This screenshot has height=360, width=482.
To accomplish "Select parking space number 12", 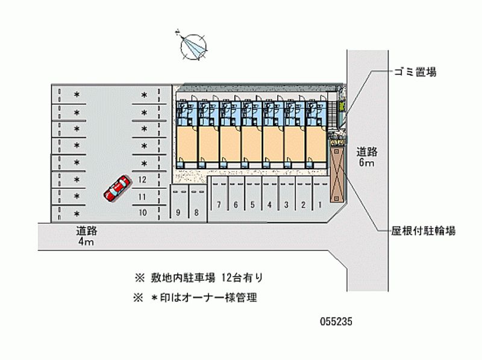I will click(x=143, y=179).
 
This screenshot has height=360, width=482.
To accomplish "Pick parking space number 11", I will click(x=143, y=196).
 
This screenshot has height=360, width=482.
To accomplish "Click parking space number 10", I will click(x=143, y=213).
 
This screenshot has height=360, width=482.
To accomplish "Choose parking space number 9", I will click(x=179, y=213).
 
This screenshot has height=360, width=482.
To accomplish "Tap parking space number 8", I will click(x=196, y=213).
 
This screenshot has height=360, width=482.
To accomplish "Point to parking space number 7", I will click(x=219, y=205).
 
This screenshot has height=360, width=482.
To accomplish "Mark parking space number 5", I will click(x=253, y=205).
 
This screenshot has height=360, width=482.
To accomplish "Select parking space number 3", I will click(x=287, y=205).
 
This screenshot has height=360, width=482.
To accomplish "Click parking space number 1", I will click(x=320, y=205).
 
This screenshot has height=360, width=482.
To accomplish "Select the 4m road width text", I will click(x=85, y=242).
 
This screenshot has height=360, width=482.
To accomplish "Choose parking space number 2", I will click(x=304, y=205).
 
